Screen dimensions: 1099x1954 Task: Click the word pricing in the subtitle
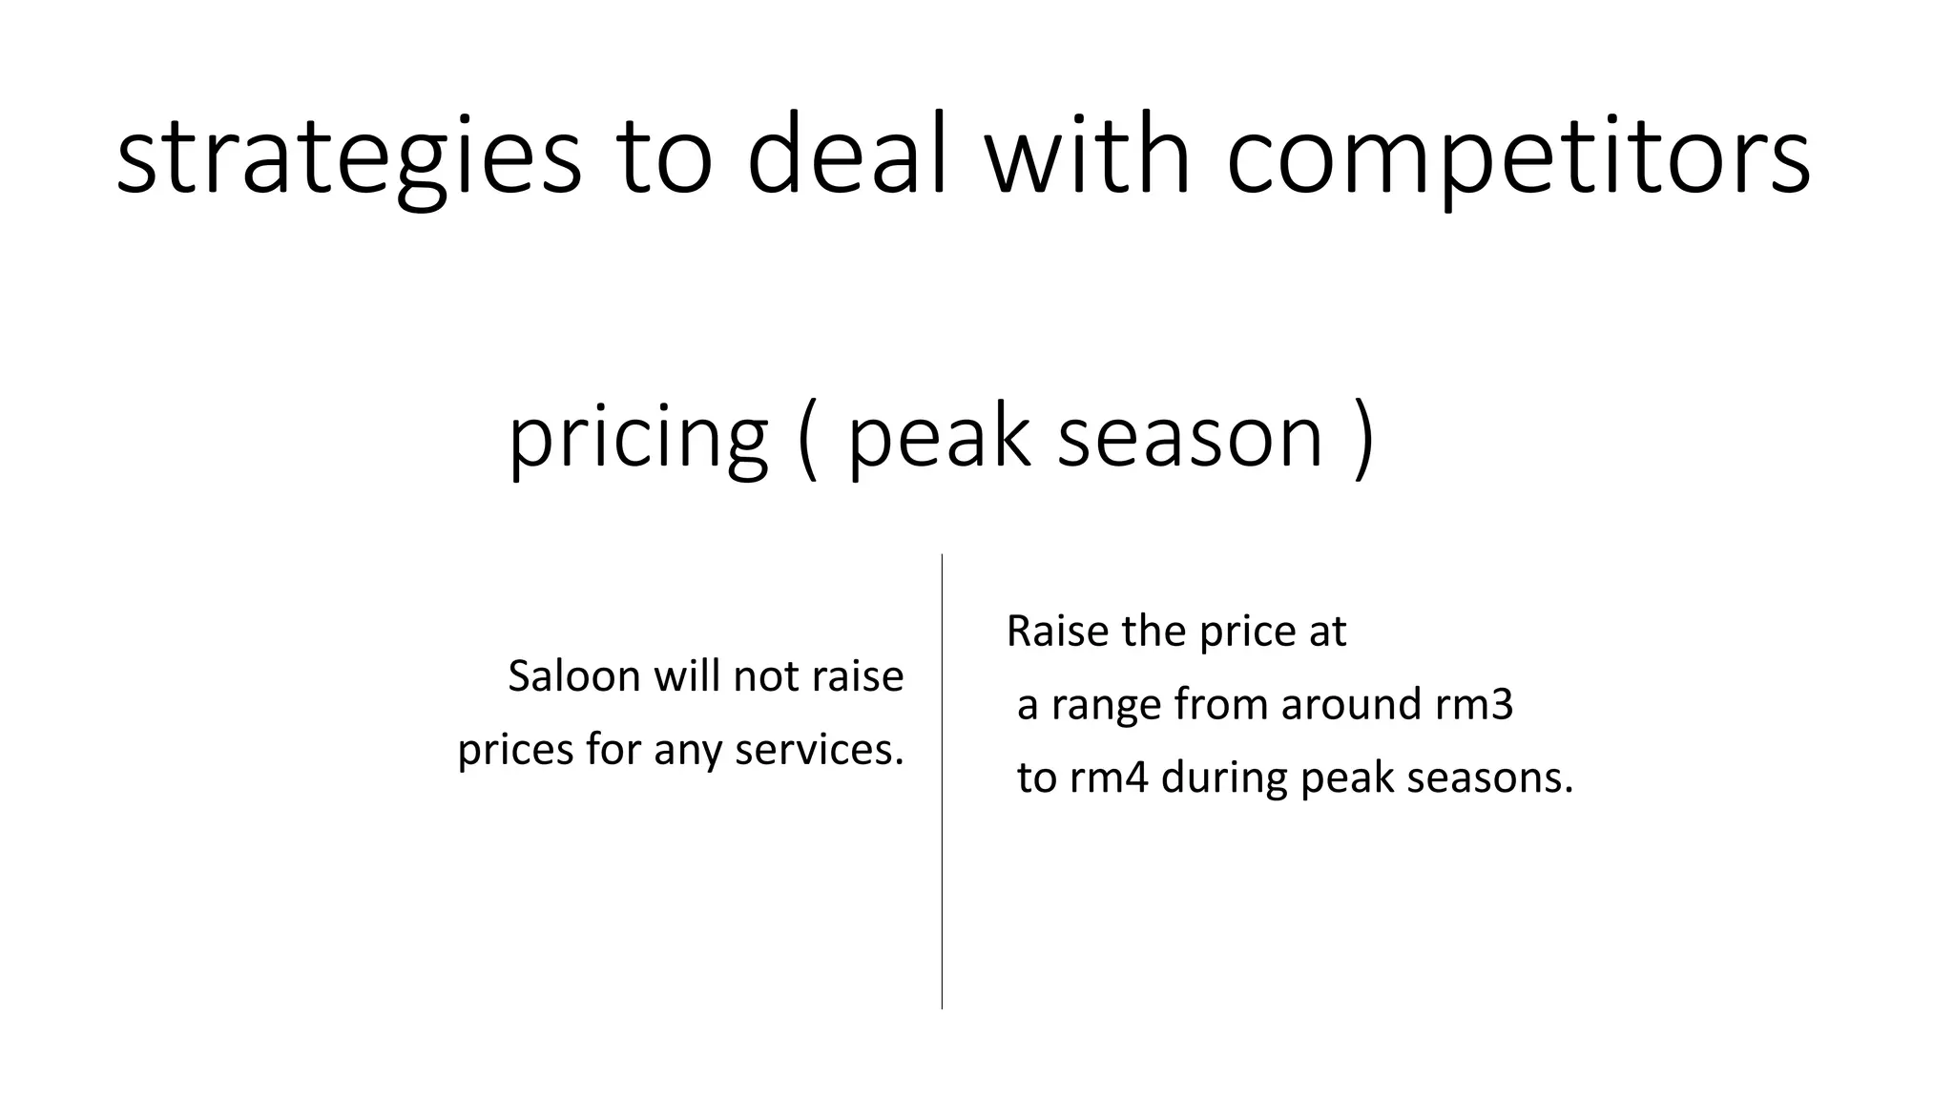click(x=638, y=439)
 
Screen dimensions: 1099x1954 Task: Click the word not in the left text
click(x=766, y=676)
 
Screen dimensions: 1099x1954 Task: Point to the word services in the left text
click(x=819, y=750)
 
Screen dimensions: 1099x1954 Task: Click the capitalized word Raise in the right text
click(x=1057, y=631)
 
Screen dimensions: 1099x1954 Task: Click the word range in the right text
click(x=1106, y=707)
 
